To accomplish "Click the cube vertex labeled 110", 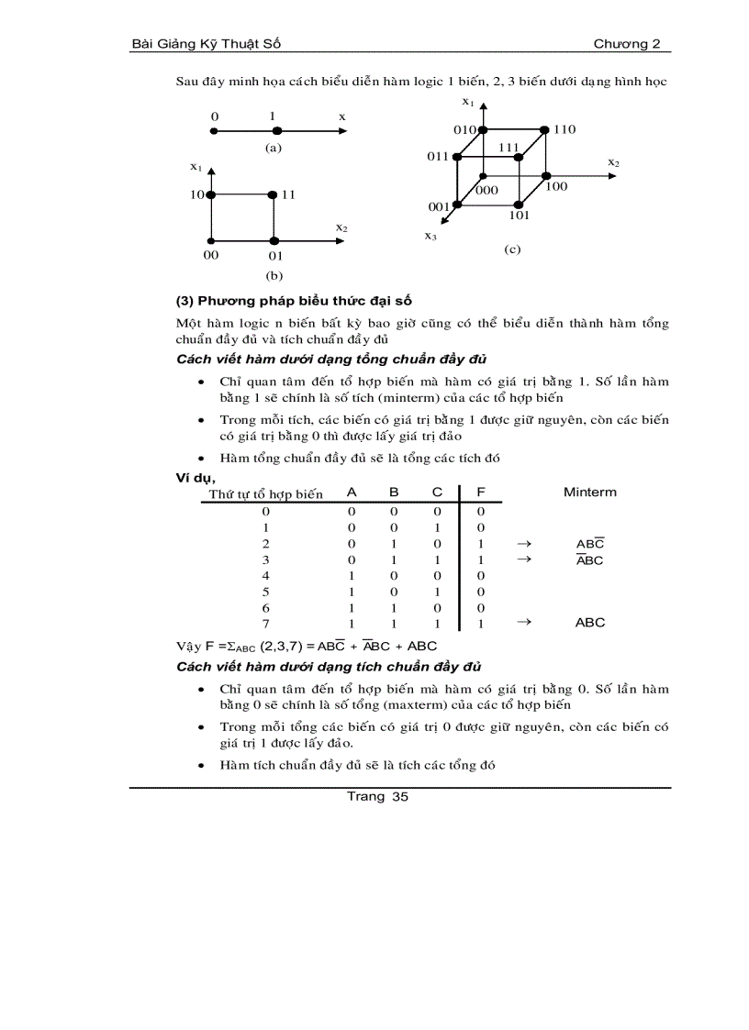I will click(x=545, y=130).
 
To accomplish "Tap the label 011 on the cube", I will click(x=437, y=157).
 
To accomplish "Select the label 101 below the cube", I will click(x=520, y=216).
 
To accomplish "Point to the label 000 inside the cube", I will click(x=486, y=190).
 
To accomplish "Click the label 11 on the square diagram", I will click(x=288, y=194).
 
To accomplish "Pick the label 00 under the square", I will click(x=211, y=255).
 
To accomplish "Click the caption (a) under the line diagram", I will click(x=273, y=147).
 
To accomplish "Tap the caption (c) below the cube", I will click(x=512, y=249).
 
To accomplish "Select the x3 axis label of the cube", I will click(x=430, y=236).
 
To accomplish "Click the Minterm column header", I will click(x=590, y=493).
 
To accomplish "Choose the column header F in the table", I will click(x=481, y=493).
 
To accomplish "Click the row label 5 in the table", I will click(x=266, y=593).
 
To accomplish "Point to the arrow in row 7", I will click(x=525, y=622).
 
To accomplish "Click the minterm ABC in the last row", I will click(x=590, y=623).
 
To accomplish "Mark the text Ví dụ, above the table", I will click(x=196, y=478).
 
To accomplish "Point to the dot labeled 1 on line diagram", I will click(x=276, y=131).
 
